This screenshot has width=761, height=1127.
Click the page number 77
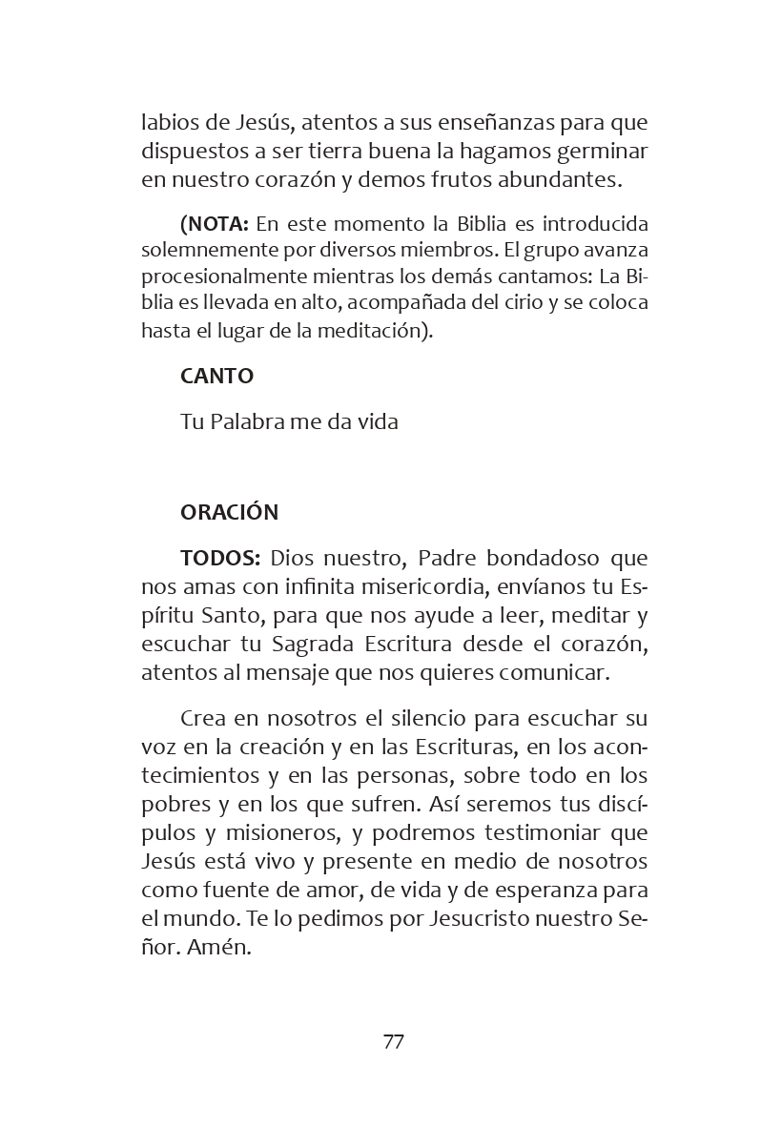393,1041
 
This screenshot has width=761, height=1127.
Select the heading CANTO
216,376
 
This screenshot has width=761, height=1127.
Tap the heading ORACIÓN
229,512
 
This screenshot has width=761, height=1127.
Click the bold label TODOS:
220,557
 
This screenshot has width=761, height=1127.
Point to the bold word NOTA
217,224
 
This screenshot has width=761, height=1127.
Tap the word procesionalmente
218,277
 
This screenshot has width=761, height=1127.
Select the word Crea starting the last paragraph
202,717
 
